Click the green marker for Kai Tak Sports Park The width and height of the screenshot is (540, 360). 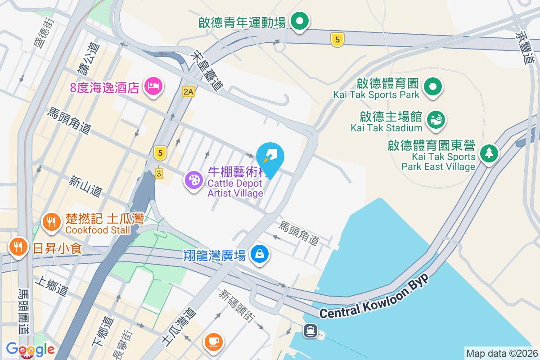(x=434, y=87)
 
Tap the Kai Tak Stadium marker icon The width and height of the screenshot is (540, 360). (x=436, y=120)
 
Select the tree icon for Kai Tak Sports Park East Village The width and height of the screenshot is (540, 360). (x=488, y=153)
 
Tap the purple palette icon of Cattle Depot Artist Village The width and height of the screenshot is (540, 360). (x=194, y=180)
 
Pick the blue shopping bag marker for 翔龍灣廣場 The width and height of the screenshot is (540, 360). (x=260, y=254)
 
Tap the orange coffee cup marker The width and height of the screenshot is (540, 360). (x=213, y=340)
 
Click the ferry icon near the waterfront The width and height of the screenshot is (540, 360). (x=310, y=331)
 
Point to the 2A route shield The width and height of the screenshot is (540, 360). (x=189, y=92)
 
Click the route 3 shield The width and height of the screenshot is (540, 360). (x=158, y=173)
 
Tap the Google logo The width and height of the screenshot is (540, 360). (x=30, y=349)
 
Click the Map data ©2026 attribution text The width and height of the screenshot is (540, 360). (x=501, y=353)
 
